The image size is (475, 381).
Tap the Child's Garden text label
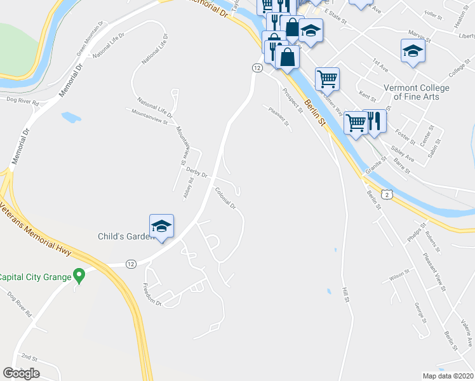point(126,236)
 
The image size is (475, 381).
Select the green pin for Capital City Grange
point(79,276)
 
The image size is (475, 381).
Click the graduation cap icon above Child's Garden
point(161,226)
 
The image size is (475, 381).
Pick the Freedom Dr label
point(153,295)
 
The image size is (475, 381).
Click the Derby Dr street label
point(197,171)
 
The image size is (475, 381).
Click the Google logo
point(21,373)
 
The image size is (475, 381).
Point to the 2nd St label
point(29,357)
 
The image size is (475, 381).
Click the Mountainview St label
point(149,115)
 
